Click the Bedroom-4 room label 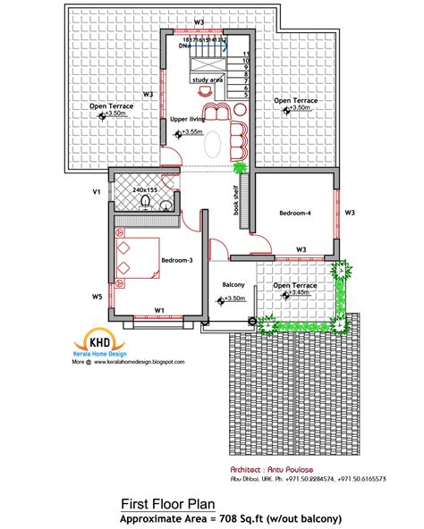click(295, 214)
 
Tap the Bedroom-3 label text click(176, 260)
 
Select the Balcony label click(233, 286)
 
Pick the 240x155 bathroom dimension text click(145, 189)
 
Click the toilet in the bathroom click(165, 206)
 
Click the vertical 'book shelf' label click(237, 200)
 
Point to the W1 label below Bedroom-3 click(159, 311)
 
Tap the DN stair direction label click(185, 46)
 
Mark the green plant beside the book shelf click(239, 166)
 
